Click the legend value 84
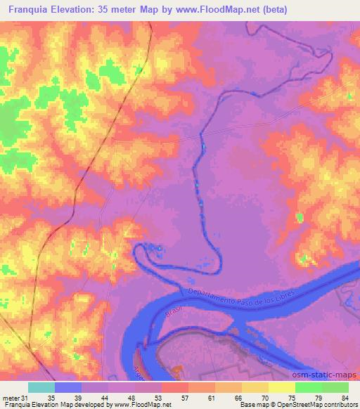343,398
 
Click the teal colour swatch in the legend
41,387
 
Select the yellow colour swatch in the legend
281,387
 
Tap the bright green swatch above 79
308,387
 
